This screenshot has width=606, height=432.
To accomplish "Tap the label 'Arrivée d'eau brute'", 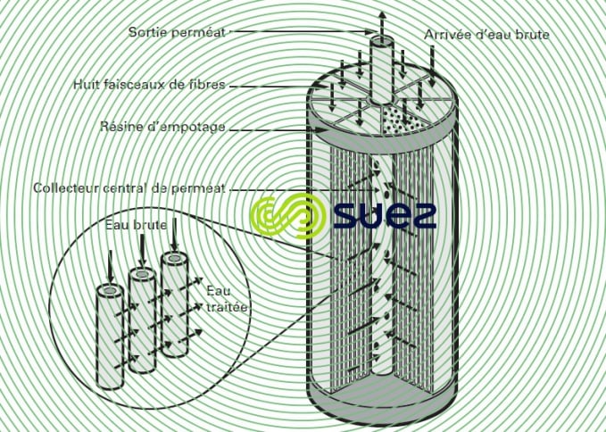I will (x=486, y=35).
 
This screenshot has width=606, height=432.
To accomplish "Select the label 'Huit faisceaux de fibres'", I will (x=149, y=86).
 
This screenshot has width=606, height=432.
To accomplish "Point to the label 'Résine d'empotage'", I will (x=162, y=128).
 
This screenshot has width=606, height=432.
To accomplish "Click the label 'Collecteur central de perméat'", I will (x=129, y=188).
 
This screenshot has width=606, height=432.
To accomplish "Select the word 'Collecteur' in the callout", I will (x=65, y=188).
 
